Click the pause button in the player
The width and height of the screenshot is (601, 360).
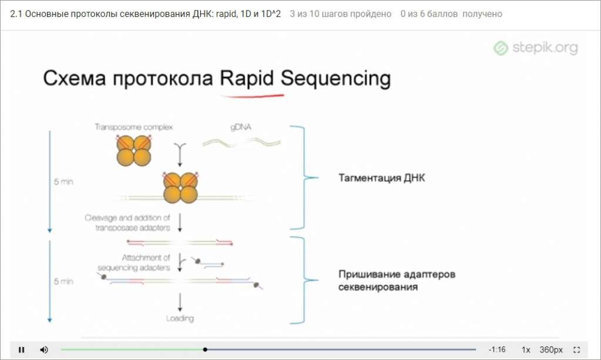coord(22,349)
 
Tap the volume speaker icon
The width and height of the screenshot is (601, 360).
coord(44,349)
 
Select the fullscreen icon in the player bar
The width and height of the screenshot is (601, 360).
coord(576,349)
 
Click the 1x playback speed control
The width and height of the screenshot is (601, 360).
coord(526,349)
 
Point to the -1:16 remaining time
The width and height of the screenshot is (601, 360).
coord(497,349)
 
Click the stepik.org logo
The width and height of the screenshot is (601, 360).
coord(535,48)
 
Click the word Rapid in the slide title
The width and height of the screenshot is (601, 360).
coord(247,78)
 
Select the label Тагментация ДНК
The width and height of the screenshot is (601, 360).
coord(381,178)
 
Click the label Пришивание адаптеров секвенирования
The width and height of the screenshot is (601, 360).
coord(396,281)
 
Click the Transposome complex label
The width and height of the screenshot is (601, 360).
coord(134,127)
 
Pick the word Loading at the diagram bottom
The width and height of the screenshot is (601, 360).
coord(180,318)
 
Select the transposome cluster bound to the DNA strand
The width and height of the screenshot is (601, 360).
coord(180,188)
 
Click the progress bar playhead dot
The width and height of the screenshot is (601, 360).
coord(205,349)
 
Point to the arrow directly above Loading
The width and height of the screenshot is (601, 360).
coord(180,301)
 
